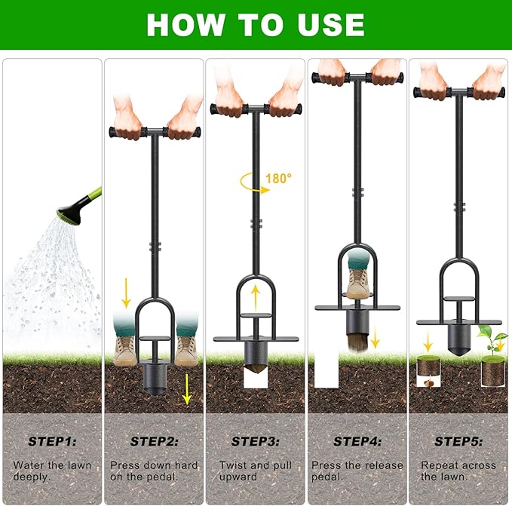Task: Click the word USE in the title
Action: tap(327, 24)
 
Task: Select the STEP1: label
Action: tap(51, 441)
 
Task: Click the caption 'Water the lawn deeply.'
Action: tap(51, 471)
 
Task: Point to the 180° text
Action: tap(278, 179)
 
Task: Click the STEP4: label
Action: tap(357, 441)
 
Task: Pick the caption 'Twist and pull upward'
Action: tap(256, 471)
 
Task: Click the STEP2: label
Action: tap(153, 441)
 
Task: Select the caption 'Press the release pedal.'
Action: tap(357, 471)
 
